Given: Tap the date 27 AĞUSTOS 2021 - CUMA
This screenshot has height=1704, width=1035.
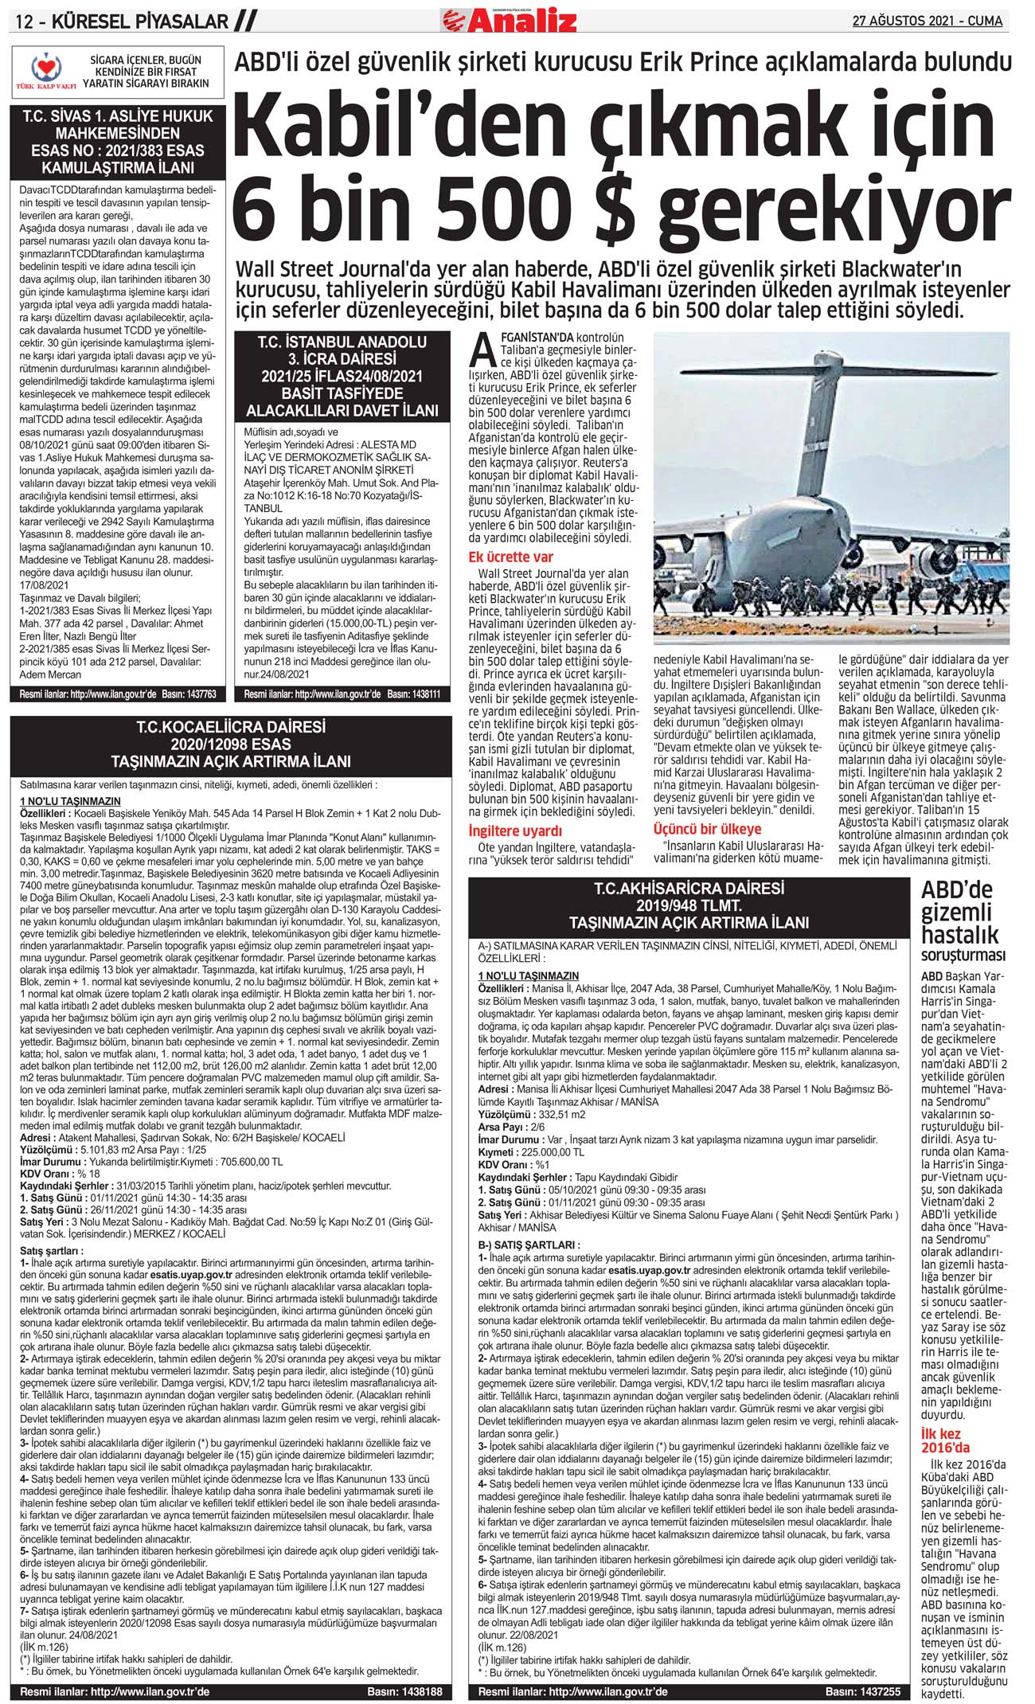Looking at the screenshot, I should tap(927, 21).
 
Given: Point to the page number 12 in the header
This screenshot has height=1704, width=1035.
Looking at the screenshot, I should tap(25, 21).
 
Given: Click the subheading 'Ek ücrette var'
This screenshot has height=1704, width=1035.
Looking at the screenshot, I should tap(510, 556).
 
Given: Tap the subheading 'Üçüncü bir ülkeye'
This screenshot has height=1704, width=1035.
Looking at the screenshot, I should tap(707, 829).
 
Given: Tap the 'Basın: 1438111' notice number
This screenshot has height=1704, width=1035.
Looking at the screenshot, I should tap(414, 694).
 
